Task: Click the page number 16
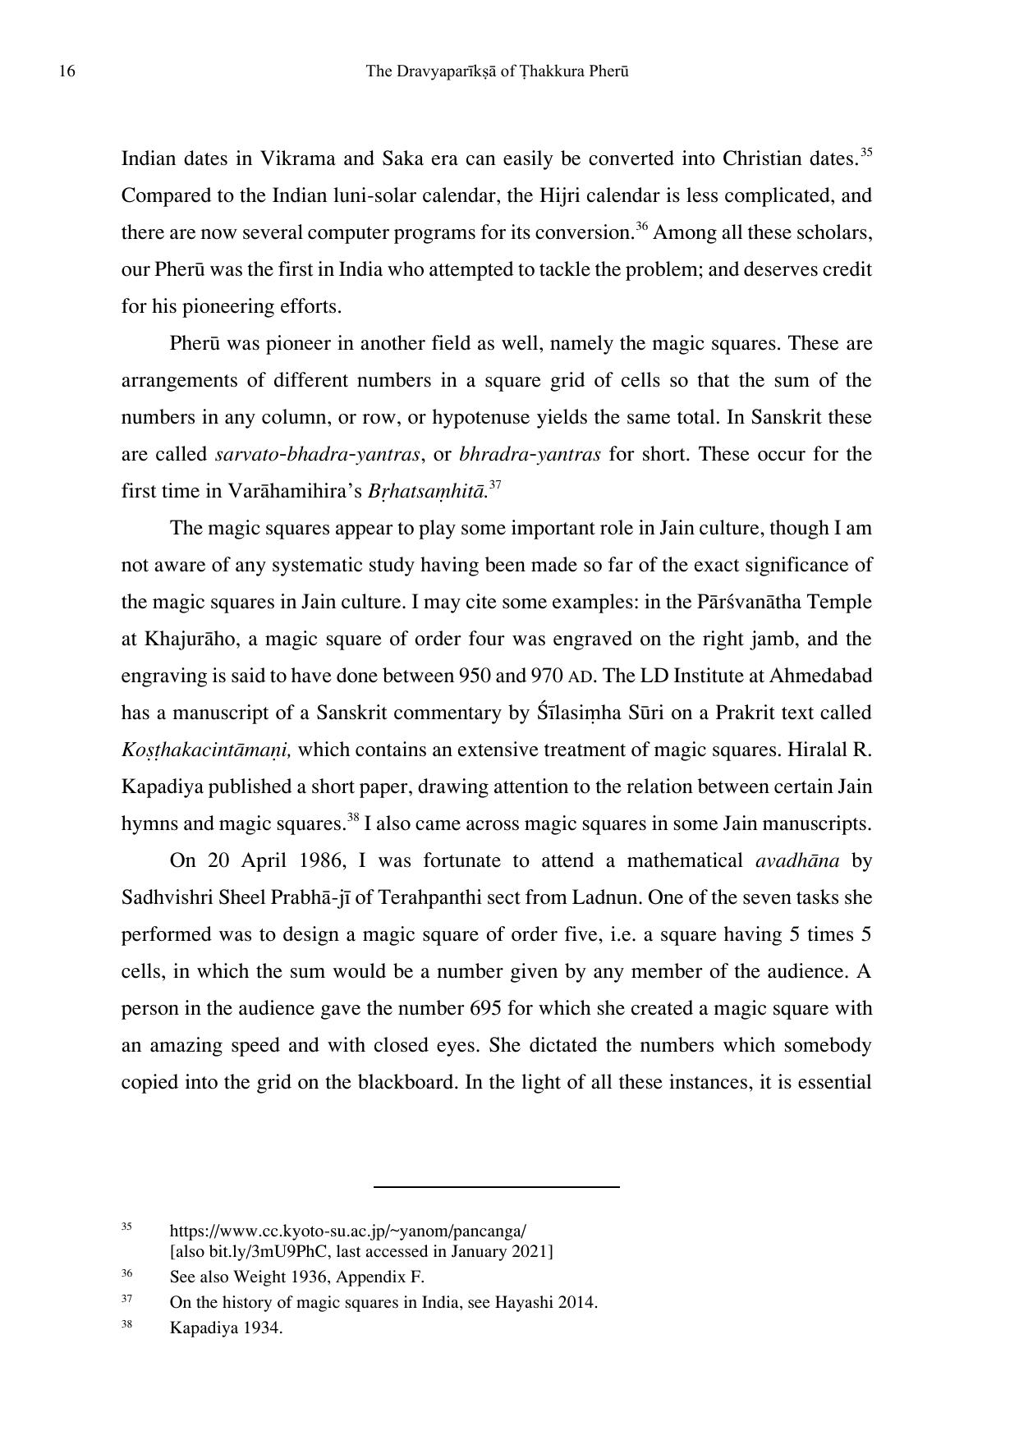coord(67,72)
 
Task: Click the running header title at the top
coord(497,72)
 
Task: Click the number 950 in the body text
coord(474,676)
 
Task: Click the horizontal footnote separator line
coord(496,1186)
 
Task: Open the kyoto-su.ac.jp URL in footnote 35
coord(347,1231)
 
